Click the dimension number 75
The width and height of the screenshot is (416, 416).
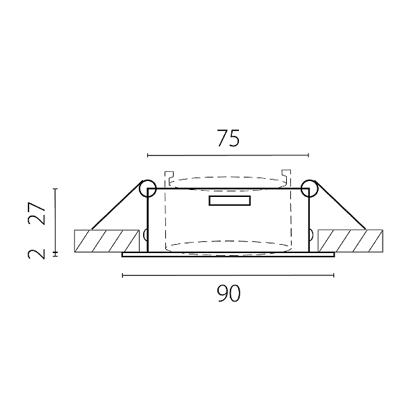(x=228, y=138)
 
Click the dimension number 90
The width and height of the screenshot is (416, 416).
(x=228, y=293)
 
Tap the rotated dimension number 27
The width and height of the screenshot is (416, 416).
(x=37, y=214)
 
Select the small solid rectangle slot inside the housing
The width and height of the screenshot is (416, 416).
(x=230, y=200)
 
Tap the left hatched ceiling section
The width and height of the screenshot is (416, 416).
(x=106, y=241)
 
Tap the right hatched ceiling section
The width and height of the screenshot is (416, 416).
(x=351, y=241)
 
